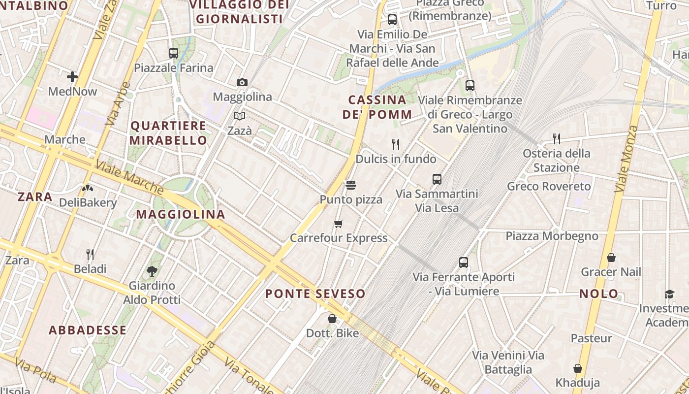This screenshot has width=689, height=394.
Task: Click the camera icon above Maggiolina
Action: point(242,82)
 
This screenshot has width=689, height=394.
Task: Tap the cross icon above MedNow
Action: point(72,76)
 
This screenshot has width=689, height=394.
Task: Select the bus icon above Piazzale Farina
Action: point(173,53)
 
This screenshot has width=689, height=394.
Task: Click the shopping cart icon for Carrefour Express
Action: point(338,224)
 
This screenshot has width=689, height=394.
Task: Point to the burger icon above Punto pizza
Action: point(351,185)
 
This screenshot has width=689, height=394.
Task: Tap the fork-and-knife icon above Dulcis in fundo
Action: point(395,144)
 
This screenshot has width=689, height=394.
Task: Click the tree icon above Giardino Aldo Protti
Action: point(152,270)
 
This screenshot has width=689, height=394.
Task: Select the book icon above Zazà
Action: point(240,116)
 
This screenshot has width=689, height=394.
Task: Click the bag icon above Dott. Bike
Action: point(332,319)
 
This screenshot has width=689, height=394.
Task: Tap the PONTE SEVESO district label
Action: point(315,294)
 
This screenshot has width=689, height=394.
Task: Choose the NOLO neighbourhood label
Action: point(598,294)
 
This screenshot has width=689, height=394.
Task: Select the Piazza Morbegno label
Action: point(552,236)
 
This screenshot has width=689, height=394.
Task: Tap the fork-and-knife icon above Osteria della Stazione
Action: point(557,138)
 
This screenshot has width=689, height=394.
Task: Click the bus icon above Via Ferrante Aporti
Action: point(463,263)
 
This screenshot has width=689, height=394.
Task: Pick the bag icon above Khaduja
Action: point(577,368)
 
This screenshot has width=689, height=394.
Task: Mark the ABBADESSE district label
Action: point(88,330)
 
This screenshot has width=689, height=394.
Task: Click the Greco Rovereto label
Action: point(549,187)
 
